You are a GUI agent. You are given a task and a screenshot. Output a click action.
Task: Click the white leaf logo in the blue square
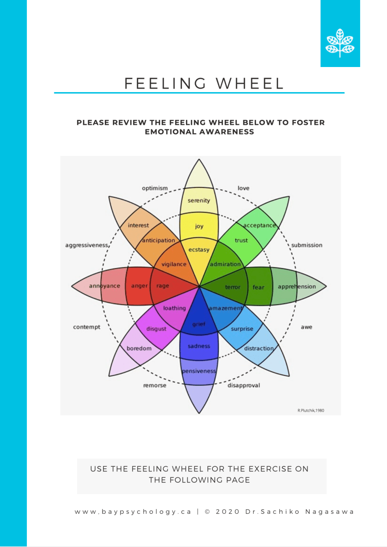tap(340, 43)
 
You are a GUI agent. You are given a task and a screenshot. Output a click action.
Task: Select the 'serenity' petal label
tap(199, 201)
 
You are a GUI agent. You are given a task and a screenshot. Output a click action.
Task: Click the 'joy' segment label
tap(199, 227)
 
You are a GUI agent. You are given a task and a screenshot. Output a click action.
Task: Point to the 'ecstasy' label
tap(199, 249)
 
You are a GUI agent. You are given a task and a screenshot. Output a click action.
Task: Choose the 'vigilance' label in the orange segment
tap(174, 264)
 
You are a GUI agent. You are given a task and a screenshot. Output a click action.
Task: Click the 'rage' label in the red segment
tap(162, 286)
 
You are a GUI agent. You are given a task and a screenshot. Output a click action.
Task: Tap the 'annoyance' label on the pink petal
tap(104, 286)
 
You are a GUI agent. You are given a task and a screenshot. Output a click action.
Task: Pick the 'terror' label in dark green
tap(233, 287)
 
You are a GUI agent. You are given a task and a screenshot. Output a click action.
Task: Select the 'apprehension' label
tap(297, 287)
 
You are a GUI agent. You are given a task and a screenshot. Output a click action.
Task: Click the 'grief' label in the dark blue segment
tap(199, 325)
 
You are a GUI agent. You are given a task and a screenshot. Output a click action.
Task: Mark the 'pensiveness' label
tap(199, 371)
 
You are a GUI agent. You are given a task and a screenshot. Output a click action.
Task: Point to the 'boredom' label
tap(139, 348)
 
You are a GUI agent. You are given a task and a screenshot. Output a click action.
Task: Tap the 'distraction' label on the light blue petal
tap(259, 349)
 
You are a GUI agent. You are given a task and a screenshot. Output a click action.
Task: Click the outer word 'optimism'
tap(155, 188)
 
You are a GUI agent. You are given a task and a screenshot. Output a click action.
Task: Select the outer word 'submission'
tap(307, 245)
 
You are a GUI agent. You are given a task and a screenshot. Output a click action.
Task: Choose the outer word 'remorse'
tap(155, 385)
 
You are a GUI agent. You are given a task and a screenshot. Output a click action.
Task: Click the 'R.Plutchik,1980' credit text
tap(311, 410)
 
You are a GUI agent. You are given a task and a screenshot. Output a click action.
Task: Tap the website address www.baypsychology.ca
tap(133, 511)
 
